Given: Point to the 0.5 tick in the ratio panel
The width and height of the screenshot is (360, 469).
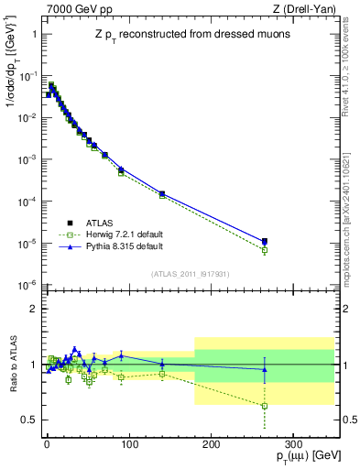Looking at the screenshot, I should click(x=29, y=420).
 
